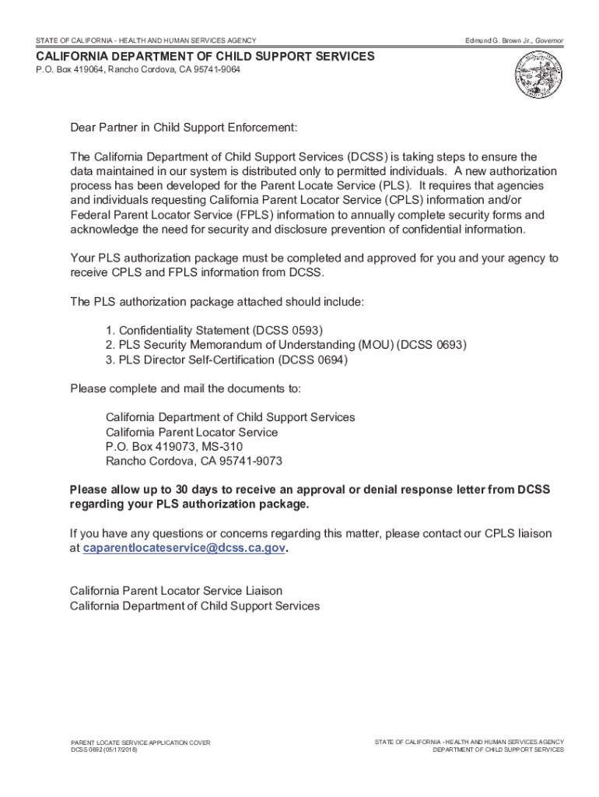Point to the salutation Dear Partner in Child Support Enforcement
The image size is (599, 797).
coord(184,128)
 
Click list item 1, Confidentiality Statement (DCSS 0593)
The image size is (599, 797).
coord(214,331)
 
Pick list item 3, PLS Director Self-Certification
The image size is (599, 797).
coord(226,360)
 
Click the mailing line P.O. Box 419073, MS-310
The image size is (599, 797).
coord(174,447)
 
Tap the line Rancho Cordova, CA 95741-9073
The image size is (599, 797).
coord(194,462)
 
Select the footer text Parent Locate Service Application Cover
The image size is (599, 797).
coord(140,743)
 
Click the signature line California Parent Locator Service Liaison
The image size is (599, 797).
coord(176,592)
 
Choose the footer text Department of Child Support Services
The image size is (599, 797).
coord(498,750)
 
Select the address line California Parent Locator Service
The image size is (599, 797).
coord(191,432)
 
